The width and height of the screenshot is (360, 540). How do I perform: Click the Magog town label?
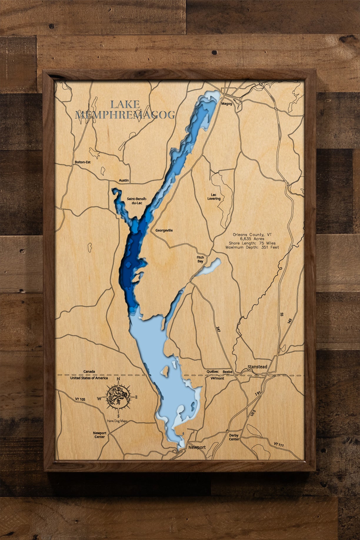tap(226, 104)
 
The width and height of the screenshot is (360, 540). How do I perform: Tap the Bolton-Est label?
tap(83, 162)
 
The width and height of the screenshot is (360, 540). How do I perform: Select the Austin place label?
tap(124, 180)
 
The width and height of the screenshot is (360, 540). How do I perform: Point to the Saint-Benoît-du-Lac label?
tap(137, 201)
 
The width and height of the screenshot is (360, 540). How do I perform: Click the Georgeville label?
tap(164, 230)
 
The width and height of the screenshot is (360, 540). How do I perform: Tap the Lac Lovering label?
tap(214, 197)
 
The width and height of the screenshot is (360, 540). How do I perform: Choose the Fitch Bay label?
tap(200, 259)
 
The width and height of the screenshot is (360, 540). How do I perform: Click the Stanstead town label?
tap(257, 367)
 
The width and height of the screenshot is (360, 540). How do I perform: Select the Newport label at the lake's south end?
tap(197, 447)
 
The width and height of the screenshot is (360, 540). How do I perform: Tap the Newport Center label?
tap(100, 435)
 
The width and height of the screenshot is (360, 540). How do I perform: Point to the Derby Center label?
tap(234, 437)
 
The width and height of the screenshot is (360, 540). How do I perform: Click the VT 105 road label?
tap(80, 399)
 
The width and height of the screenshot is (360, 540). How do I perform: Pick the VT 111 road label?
tap(279, 445)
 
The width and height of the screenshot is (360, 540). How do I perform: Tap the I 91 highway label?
tap(258, 394)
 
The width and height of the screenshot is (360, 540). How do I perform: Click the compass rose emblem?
tap(118, 397)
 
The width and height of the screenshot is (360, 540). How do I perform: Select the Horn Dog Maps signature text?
tap(117, 421)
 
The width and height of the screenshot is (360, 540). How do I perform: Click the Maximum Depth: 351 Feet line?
tap(252, 247)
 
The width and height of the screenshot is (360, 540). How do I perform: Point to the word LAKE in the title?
tap(125, 104)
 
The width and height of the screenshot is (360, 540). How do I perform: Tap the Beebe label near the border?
tap(227, 372)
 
